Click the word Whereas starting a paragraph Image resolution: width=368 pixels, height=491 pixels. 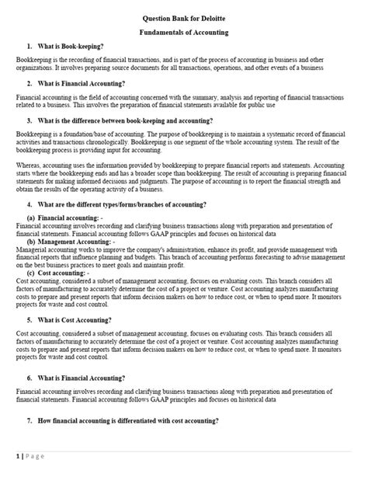pos(30,165)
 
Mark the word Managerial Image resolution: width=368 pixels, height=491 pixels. pos(33,250)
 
